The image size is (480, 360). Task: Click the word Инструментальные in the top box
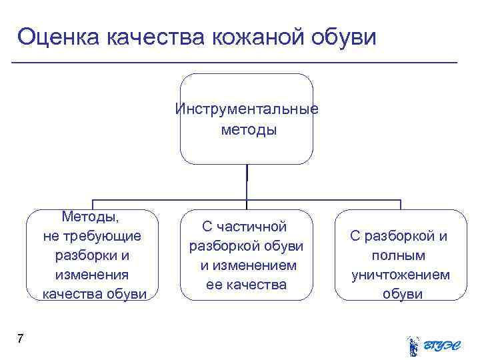click(x=247, y=109)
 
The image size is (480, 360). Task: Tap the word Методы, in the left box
click(x=92, y=217)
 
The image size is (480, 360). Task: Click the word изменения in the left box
click(x=93, y=275)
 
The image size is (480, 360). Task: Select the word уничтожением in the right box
click(x=401, y=275)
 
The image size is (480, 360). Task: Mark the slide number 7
click(x=20, y=339)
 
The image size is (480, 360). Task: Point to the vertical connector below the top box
click(x=247, y=181)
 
